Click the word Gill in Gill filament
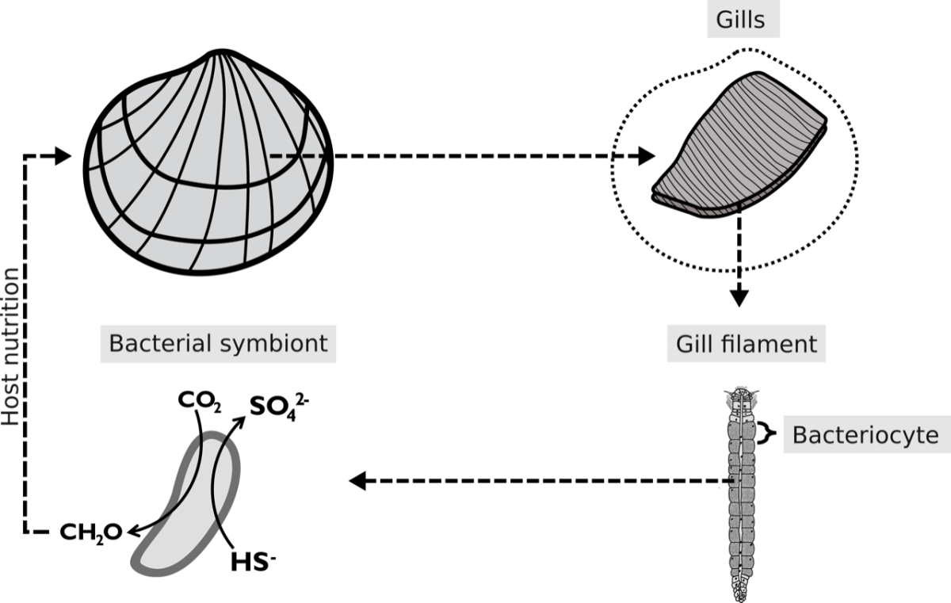(691, 344)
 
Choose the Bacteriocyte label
(865, 435)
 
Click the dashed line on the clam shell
(296, 156)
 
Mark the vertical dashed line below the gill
(739, 238)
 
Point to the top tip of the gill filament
(742, 392)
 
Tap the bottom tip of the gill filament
(742, 596)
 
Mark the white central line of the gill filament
(742, 475)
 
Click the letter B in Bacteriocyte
(799, 435)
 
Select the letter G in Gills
(723, 20)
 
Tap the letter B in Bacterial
(116, 344)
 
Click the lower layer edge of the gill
(697, 208)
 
